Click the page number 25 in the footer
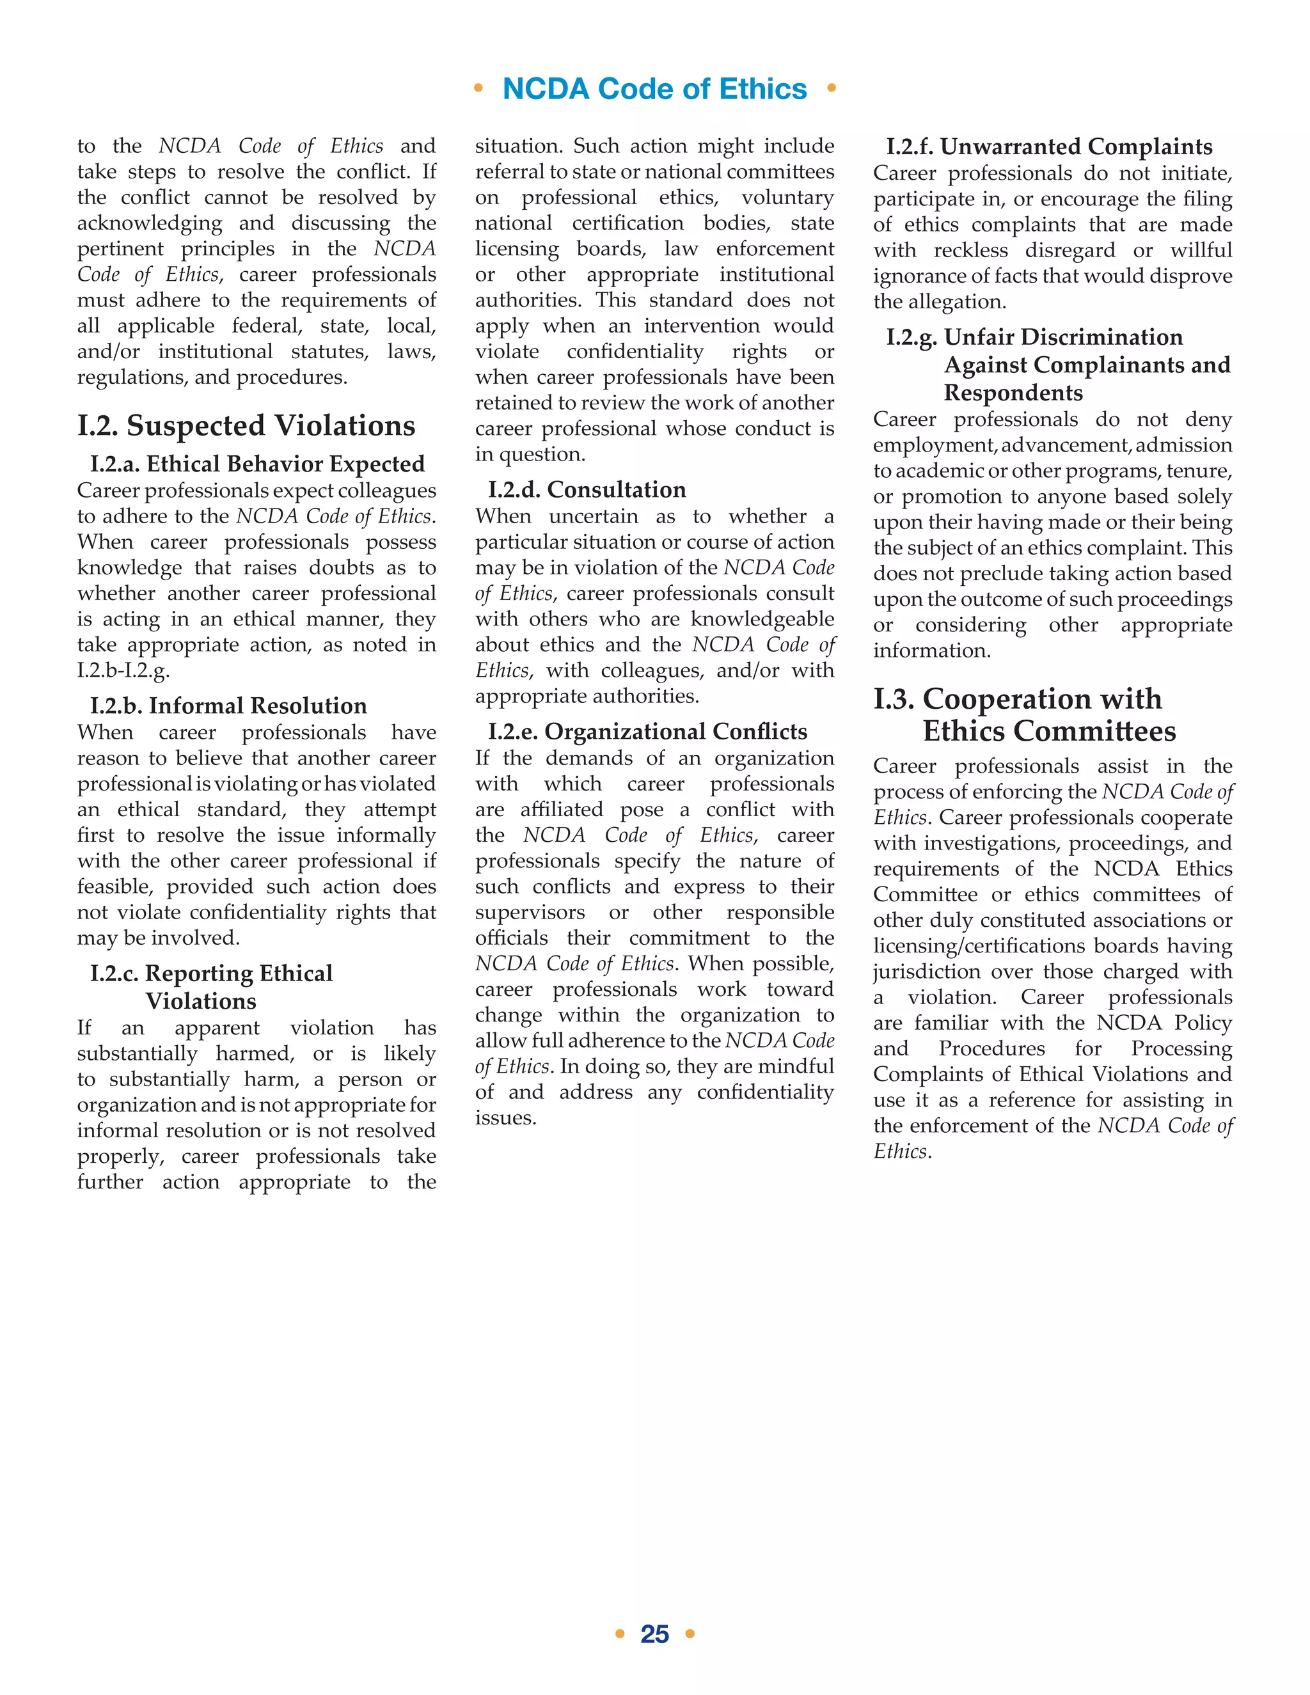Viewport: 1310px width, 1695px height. point(654,1634)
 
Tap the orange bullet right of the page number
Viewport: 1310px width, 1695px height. point(690,1634)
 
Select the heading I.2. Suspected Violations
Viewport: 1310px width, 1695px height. point(246,425)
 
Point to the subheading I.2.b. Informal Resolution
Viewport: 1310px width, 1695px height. point(228,706)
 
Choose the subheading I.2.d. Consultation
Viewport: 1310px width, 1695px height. point(587,490)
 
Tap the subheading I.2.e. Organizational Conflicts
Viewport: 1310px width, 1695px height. point(647,731)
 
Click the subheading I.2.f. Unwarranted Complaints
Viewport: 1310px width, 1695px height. point(1049,146)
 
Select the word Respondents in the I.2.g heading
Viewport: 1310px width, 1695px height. point(1013,393)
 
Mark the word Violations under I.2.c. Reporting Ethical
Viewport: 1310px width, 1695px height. point(201,1001)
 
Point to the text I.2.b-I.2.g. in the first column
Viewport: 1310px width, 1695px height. point(123,670)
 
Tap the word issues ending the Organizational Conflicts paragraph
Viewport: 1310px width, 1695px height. point(505,1117)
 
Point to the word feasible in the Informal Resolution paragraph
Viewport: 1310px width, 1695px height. point(113,887)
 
